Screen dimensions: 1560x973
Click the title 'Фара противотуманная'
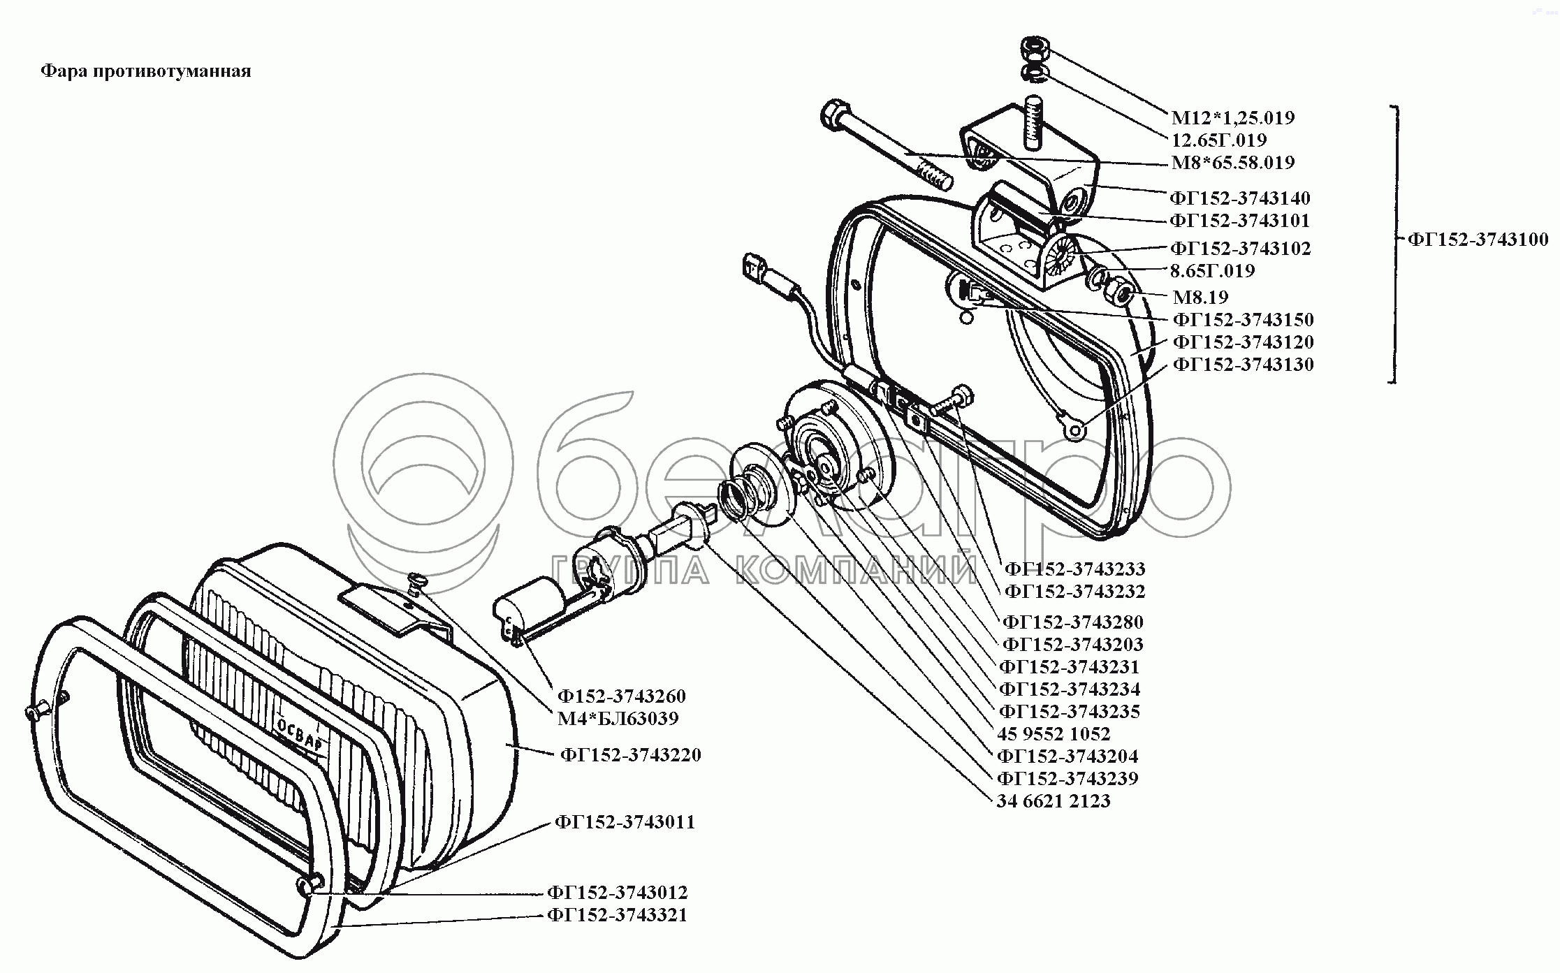point(145,71)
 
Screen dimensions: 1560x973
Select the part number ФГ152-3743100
point(1478,240)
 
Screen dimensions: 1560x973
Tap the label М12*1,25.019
point(1233,117)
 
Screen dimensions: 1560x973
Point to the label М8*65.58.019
point(1233,163)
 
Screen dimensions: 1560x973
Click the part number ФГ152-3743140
point(1240,198)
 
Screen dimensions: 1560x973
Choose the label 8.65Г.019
point(1212,271)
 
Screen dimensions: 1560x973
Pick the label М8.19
point(1200,297)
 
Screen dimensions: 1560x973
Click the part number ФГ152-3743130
point(1243,365)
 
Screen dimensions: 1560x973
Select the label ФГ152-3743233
point(1074,569)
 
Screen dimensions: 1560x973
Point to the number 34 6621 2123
point(1053,801)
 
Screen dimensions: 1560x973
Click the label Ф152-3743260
point(621,696)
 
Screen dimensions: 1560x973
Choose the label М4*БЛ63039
point(618,718)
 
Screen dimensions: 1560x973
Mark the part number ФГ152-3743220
point(630,755)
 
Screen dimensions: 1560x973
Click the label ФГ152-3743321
point(618,915)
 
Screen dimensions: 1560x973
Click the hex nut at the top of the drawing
point(1033,50)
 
